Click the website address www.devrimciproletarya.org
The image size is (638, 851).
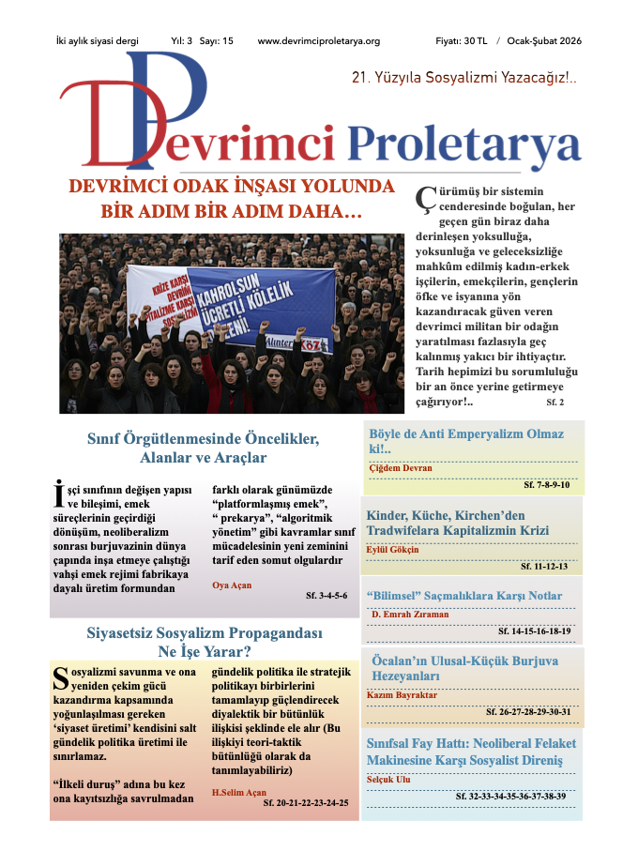click(318, 41)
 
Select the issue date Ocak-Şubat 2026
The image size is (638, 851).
click(544, 41)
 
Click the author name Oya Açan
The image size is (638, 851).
click(232, 585)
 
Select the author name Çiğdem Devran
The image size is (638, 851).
click(400, 467)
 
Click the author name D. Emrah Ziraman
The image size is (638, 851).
click(410, 615)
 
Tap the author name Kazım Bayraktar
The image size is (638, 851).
click(404, 695)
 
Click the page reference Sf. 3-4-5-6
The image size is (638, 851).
click(327, 596)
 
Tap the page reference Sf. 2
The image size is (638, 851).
click(555, 401)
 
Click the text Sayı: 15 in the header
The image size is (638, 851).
click(217, 41)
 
